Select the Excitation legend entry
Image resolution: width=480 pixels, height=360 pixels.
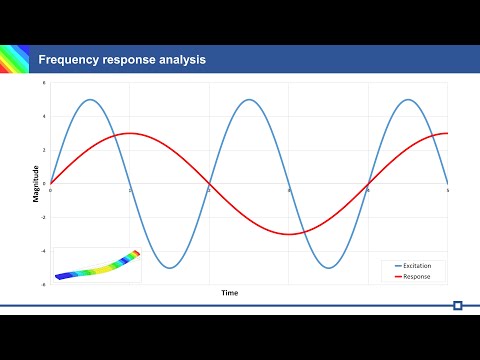[419, 265]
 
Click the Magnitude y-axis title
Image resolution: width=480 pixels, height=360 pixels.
[36, 185]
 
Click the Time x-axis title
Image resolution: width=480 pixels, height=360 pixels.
[230, 293]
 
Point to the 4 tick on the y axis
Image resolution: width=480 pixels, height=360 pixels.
[43, 116]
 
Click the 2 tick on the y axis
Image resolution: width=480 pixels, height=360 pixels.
[43, 150]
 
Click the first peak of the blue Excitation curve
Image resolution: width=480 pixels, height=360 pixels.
[90, 99]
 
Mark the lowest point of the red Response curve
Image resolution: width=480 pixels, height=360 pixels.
[289, 234]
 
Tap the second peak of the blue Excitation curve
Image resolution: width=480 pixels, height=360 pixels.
[249, 99]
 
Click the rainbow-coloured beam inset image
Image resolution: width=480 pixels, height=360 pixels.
[97, 265]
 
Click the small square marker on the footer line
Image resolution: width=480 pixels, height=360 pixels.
[457, 305]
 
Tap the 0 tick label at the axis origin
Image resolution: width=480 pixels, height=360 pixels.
[43, 184]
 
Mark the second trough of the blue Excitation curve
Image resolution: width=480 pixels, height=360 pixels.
[329, 268]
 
